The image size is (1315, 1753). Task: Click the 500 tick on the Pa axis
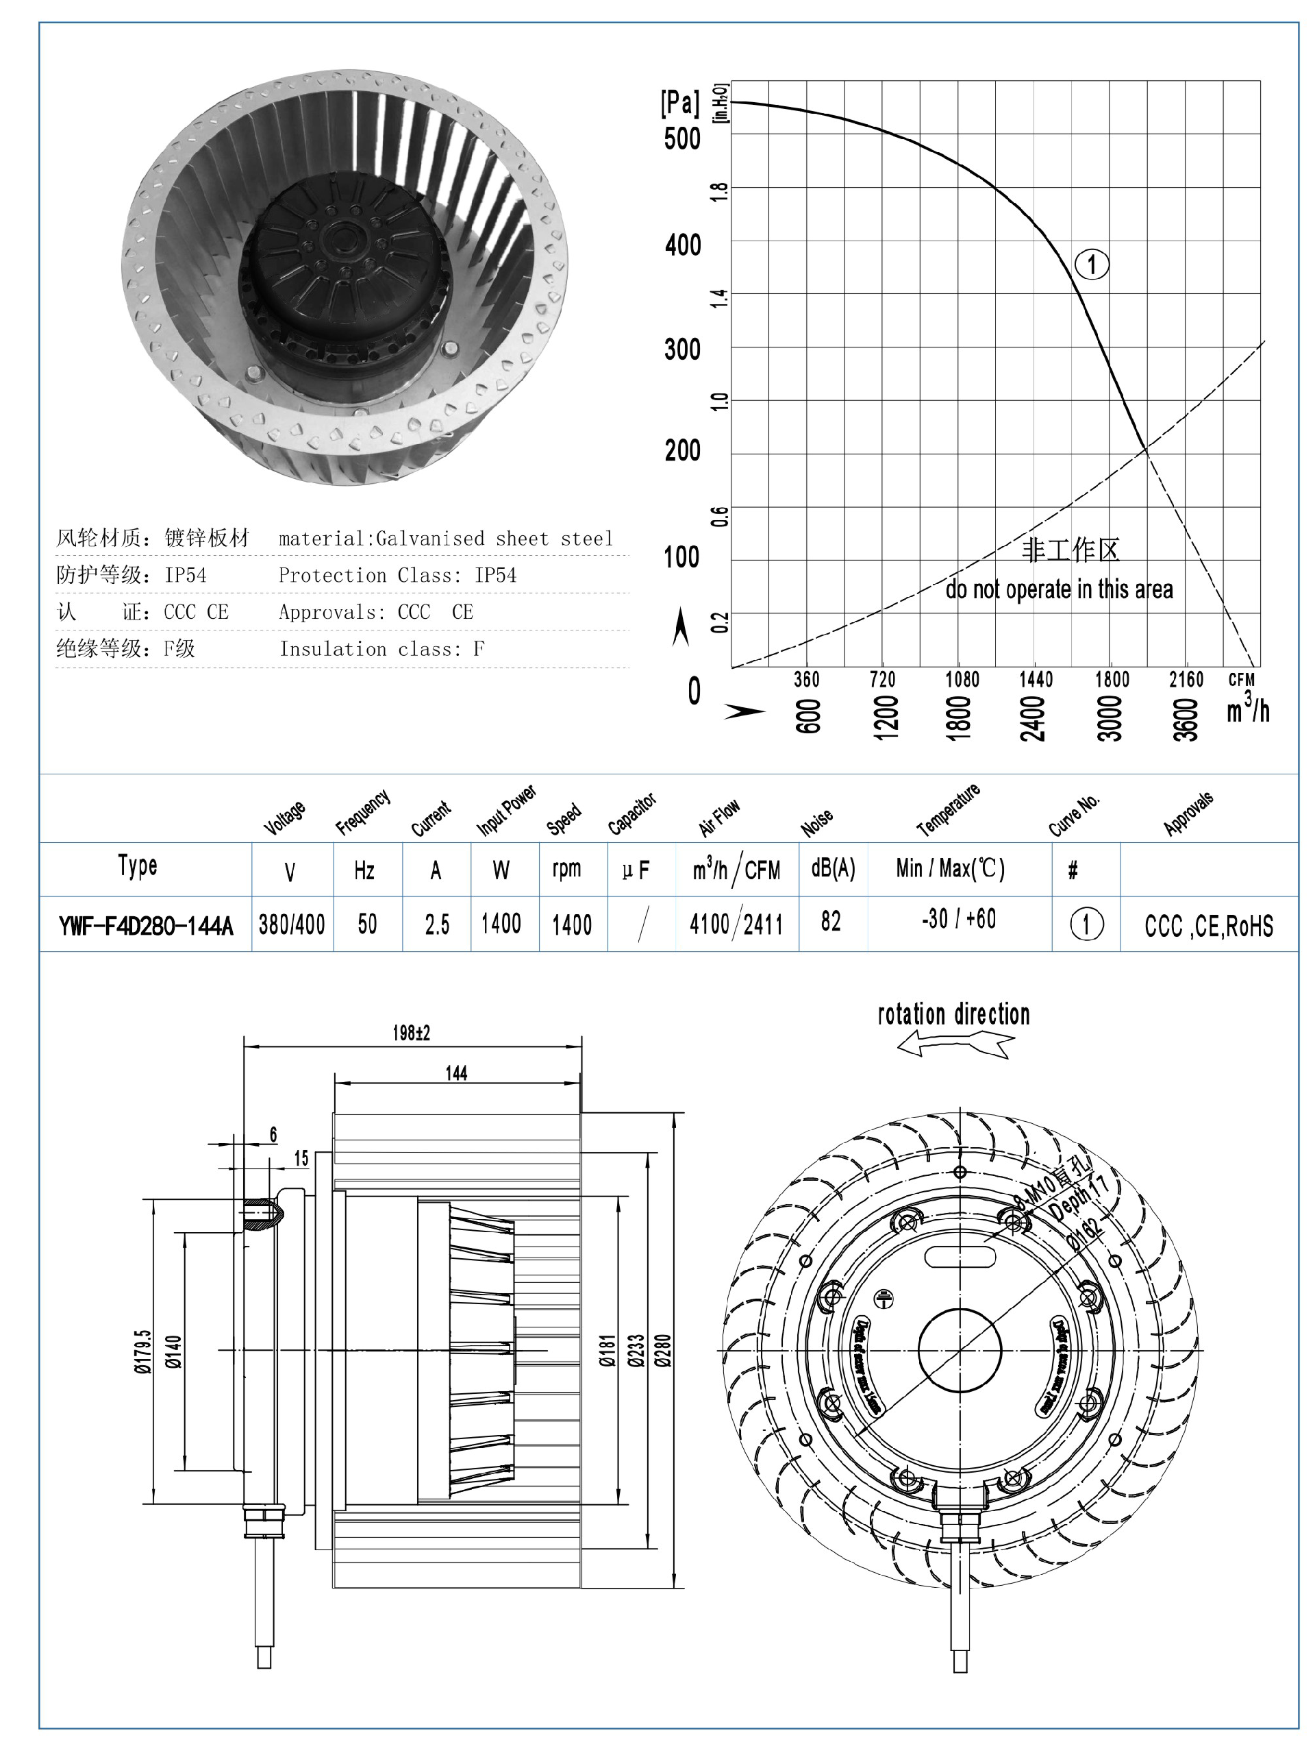682,138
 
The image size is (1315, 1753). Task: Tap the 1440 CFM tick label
1036,679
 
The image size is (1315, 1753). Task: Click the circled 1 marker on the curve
1092,264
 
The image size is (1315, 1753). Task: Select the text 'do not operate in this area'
1058,589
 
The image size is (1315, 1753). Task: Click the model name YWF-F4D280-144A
146,925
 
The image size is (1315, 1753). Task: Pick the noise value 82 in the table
830,921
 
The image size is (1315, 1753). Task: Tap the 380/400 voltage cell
292,924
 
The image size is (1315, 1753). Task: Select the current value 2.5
436,924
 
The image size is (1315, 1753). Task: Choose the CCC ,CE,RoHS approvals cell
1208,926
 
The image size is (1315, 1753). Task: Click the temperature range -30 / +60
959,919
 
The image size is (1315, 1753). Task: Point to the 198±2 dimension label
411,1033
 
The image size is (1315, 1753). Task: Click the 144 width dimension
456,1073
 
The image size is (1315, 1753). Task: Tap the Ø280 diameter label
664,1351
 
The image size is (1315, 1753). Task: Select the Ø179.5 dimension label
142,1351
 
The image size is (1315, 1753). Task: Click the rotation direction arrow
955,1046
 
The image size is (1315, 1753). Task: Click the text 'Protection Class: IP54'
397,576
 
